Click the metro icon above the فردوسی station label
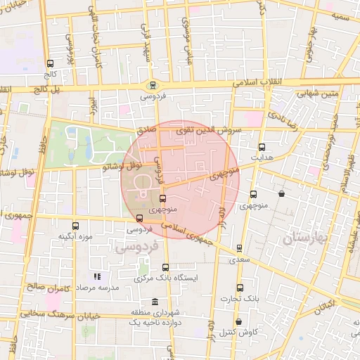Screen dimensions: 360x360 click(x=153, y=84)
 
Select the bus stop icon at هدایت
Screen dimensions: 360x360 click(x=262, y=148)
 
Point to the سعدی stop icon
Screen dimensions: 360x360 click(x=239, y=248)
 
